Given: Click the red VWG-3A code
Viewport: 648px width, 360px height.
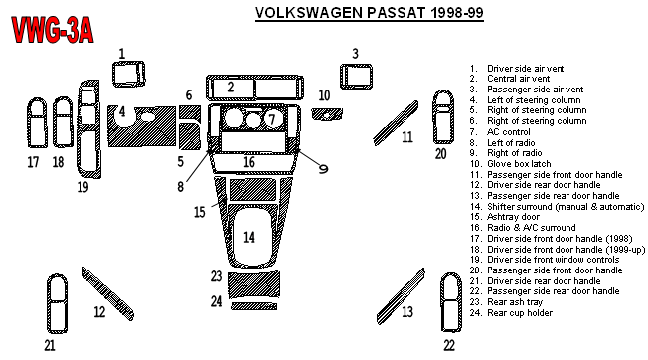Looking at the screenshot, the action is point(53,30).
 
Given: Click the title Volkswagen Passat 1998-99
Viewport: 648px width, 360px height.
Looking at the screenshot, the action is point(370,13).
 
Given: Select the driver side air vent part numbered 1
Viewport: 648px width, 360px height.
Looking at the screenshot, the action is point(128,74).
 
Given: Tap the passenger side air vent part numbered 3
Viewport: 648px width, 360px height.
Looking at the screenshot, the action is point(356,76).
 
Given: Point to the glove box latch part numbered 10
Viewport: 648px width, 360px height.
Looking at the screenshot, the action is point(327,114).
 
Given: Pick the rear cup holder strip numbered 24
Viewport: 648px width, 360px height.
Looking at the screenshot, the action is point(254,306).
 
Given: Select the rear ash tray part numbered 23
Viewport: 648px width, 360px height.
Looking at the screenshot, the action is point(253,284).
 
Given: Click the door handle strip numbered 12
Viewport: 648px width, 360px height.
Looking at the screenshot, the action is point(108,294).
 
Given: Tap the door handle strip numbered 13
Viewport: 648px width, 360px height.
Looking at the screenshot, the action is point(401,296).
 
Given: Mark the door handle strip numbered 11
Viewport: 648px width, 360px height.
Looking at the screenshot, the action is point(396,122).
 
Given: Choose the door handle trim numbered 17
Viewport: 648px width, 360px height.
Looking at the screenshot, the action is point(37,122).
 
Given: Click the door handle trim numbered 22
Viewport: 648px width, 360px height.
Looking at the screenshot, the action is point(451,302).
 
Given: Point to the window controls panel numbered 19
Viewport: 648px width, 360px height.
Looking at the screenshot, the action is point(88,129).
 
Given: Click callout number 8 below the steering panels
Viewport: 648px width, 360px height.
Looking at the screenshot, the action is point(180,186).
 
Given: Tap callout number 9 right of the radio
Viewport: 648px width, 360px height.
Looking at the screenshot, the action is point(323,169).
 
